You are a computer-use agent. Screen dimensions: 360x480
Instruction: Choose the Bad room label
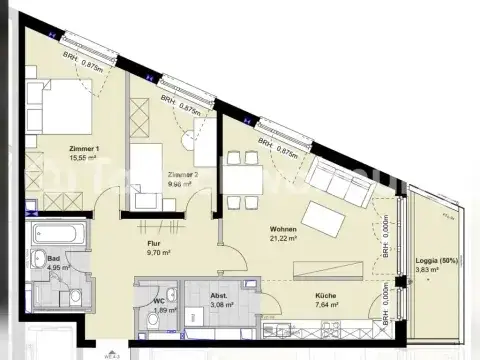click(52, 259)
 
